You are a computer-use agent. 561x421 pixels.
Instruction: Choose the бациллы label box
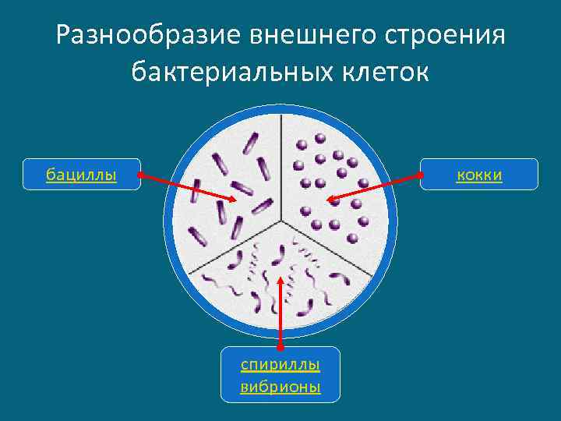tap(82, 175)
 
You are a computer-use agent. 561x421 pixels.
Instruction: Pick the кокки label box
tap(479, 175)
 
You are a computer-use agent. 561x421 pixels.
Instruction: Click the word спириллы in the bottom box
tap(280, 365)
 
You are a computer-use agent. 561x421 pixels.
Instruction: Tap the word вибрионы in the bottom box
tap(280, 387)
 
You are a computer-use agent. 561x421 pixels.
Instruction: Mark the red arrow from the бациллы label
tap(187, 187)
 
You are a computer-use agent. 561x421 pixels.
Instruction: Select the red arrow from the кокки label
tap(374, 188)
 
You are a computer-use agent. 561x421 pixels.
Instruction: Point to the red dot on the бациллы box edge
tap(139, 175)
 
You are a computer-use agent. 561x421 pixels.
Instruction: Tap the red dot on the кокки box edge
tap(421, 175)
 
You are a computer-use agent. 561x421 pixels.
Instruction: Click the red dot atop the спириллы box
tap(280, 346)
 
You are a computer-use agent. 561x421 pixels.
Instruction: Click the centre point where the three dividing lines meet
tap(280, 219)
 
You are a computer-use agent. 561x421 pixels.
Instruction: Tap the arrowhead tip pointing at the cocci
tap(327, 201)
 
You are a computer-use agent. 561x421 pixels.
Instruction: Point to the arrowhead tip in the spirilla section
tap(280, 273)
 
